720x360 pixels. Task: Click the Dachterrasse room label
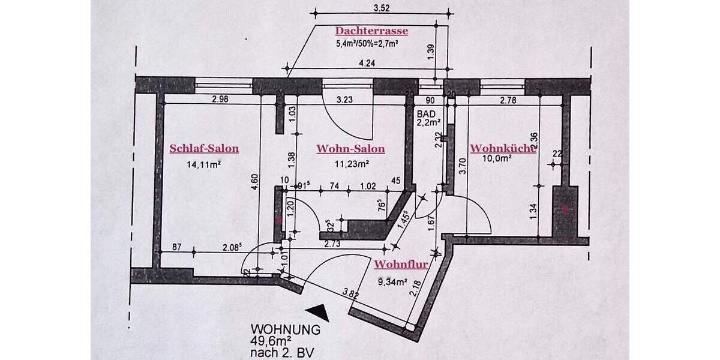371,31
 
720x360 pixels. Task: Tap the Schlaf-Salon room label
204,149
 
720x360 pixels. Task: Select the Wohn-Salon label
350,149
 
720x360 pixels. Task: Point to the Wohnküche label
503,148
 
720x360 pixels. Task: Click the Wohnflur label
400,264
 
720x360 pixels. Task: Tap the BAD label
426,113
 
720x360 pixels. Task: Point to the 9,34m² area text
394,280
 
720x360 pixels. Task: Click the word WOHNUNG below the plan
285,329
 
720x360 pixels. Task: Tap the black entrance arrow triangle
317,310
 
